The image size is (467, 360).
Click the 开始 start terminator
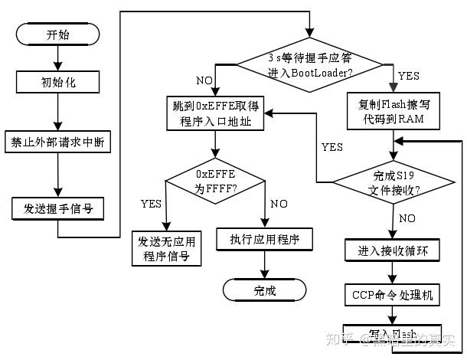(57, 34)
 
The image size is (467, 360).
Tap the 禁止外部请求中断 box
(57, 142)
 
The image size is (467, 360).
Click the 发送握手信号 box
(57, 207)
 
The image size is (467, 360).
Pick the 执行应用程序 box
(265, 239)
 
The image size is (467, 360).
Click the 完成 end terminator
(265, 290)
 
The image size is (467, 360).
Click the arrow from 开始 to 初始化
(57, 57)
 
